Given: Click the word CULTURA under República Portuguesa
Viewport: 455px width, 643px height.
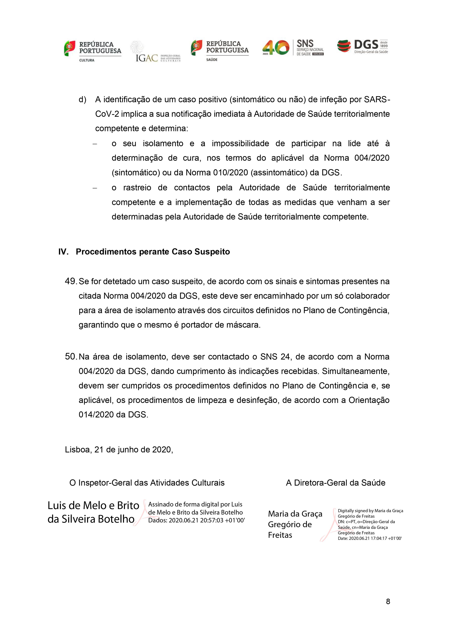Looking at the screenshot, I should (x=87, y=60).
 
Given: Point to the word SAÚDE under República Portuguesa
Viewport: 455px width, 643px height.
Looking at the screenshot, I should (x=212, y=60).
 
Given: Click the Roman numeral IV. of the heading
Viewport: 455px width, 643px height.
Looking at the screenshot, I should (x=63, y=252).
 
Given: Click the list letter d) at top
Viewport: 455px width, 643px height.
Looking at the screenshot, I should (x=82, y=100).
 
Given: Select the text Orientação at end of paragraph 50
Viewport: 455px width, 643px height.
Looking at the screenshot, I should (x=369, y=400).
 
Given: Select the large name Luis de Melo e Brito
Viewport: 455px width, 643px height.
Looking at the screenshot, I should (x=93, y=506).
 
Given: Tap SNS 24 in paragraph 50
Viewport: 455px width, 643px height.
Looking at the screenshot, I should (x=273, y=357).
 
